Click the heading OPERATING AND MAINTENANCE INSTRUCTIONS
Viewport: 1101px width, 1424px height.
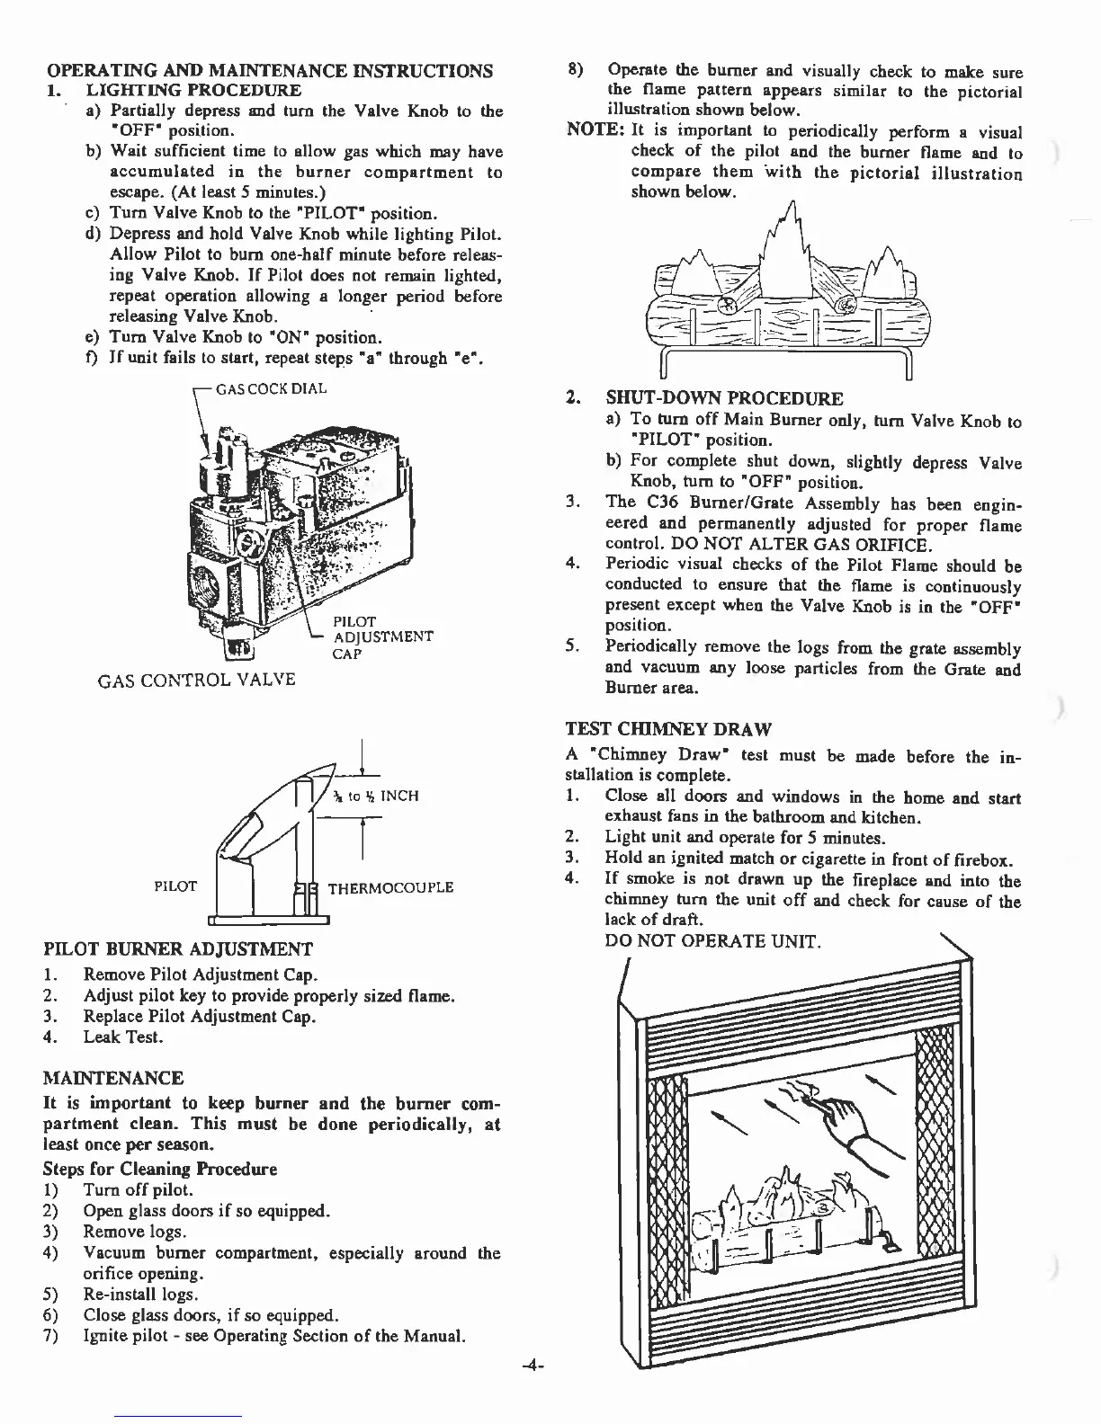tap(269, 71)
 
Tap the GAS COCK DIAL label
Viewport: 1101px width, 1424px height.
tap(271, 388)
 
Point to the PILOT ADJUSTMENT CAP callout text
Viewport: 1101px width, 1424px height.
tap(382, 636)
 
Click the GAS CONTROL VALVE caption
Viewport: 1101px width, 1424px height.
tap(195, 680)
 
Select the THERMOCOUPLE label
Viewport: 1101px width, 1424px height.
tap(390, 888)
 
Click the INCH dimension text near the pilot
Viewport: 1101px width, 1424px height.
tap(399, 796)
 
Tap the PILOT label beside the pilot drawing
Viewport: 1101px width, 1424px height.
tap(175, 886)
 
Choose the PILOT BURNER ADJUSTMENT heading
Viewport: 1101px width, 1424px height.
tap(178, 949)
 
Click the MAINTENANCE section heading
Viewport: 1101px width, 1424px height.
tap(113, 1078)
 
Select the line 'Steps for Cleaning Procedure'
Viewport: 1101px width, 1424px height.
tap(160, 1169)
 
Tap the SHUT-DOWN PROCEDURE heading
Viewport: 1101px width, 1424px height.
tap(724, 398)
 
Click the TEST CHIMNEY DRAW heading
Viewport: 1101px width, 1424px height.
tap(668, 728)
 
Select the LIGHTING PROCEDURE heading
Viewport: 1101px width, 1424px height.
tap(193, 91)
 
